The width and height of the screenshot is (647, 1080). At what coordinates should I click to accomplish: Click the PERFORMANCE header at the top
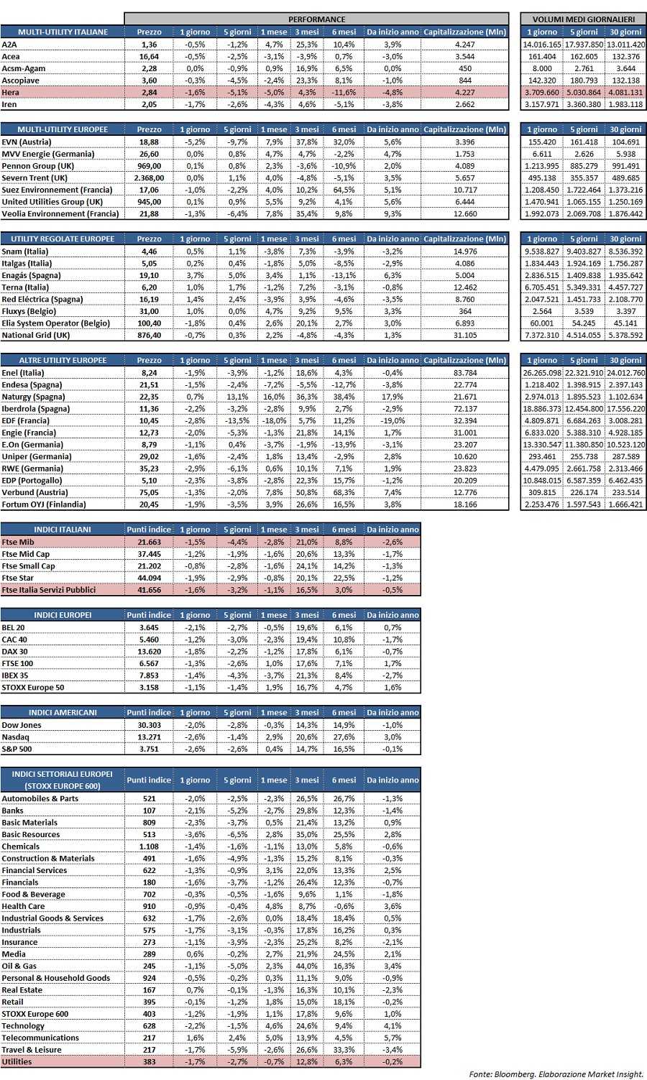[316, 19]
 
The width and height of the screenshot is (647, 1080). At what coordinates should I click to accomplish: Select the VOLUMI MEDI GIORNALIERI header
[583, 19]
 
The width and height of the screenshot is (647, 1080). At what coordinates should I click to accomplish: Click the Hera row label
[11, 93]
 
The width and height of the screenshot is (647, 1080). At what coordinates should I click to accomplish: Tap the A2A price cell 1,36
[150, 45]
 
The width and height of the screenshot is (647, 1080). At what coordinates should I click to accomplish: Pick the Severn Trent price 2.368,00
[150, 178]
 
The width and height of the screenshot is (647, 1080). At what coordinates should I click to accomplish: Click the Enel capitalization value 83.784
[465, 373]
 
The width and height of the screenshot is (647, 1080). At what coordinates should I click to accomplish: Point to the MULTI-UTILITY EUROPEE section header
[63, 129]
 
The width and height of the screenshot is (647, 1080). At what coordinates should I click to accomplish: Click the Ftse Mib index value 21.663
[150, 542]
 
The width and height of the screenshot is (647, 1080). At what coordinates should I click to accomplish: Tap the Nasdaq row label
[16, 737]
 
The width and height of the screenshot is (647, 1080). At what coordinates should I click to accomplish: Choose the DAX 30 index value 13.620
[150, 651]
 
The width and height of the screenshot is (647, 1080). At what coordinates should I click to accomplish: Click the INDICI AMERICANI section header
[63, 713]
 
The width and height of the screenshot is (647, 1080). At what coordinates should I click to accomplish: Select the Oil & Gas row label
[19, 966]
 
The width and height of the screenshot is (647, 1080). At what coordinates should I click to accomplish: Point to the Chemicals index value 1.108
[150, 846]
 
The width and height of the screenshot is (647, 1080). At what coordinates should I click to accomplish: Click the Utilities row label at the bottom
[17, 1061]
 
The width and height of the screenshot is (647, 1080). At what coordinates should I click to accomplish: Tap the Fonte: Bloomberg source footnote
[556, 1074]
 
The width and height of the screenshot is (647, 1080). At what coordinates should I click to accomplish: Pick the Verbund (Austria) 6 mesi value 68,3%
[344, 493]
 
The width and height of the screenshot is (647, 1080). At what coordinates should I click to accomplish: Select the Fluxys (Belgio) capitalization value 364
[465, 311]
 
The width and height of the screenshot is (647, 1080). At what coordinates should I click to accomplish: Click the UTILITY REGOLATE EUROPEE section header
[63, 239]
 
